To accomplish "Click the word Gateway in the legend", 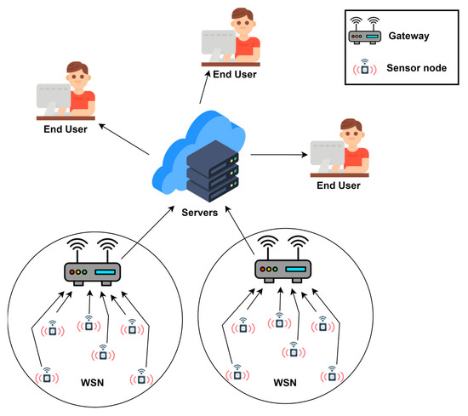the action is (x=408, y=36).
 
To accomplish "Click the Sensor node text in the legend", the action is (x=417, y=68).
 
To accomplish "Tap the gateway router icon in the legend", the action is (x=365, y=31).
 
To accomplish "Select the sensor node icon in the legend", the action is (x=365, y=67).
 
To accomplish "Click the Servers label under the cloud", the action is (x=200, y=213).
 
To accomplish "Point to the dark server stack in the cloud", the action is (x=213, y=171).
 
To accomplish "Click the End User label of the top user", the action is (x=235, y=74).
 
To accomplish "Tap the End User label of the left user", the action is (x=66, y=129).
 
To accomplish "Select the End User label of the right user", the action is (x=339, y=185).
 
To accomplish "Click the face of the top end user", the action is (x=243, y=22).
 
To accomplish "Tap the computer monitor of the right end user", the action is (x=327, y=154).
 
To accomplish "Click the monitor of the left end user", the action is (x=54, y=98).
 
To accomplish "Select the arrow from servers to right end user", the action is (x=279, y=155).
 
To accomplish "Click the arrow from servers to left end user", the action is (x=124, y=140).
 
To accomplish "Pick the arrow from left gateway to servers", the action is (x=148, y=232).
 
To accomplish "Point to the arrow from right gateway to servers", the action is (x=240, y=230).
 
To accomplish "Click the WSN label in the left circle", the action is (x=92, y=383).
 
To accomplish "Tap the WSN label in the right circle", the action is (x=285, y=383).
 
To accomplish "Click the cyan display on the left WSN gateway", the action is (x=105, y=272).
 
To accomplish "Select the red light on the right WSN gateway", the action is (x=262, y=269).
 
